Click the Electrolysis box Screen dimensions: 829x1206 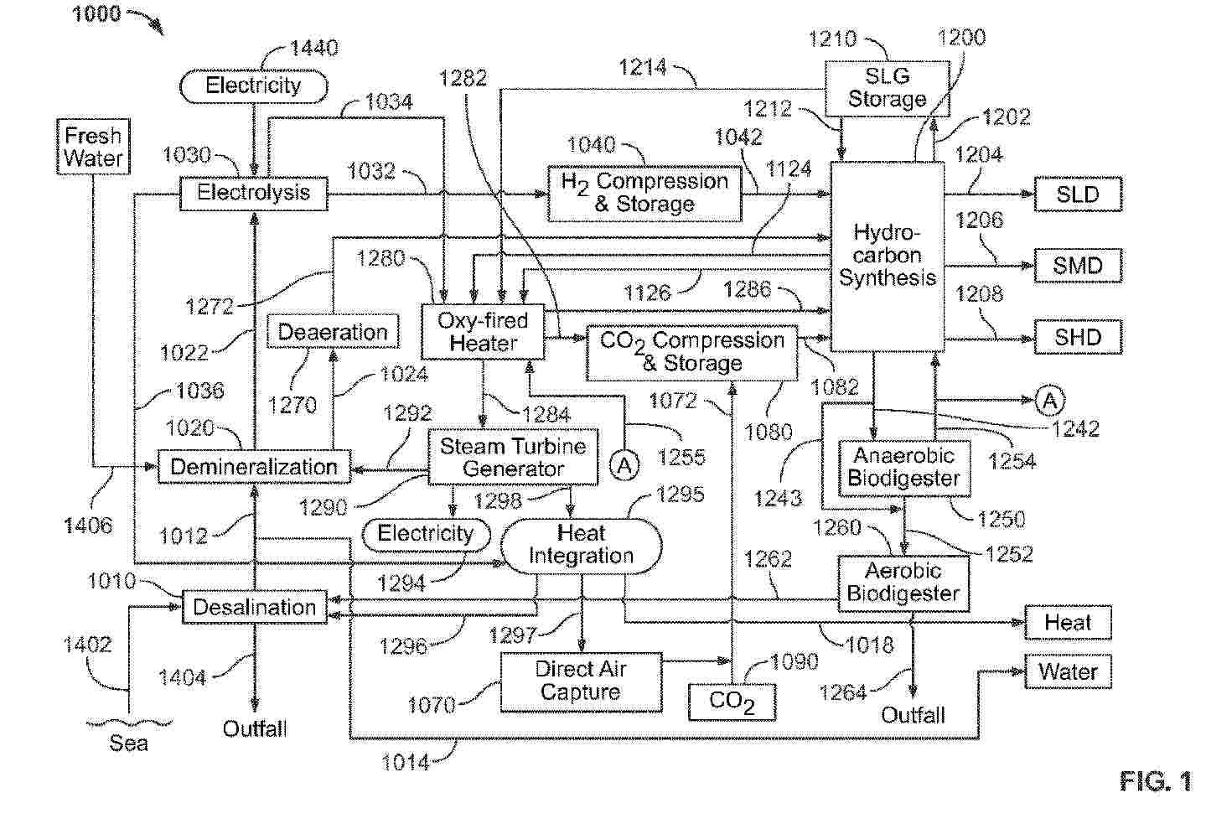[253, 193]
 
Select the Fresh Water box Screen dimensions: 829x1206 [93, 147]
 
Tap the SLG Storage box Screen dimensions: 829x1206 [887, 88]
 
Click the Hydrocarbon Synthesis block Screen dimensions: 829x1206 [887, 256]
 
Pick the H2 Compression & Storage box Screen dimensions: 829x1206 [644, 194]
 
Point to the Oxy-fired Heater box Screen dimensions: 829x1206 [483, 332]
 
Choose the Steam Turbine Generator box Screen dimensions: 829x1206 [513, 458]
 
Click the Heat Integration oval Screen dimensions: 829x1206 [581, 545]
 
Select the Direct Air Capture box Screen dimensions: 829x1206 [580, 681]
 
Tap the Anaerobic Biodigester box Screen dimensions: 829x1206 [903, 468]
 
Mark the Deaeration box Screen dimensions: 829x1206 [333, 332]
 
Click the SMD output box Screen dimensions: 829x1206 [1077, 266]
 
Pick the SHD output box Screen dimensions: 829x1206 [1077, 338]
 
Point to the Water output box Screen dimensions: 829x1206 [1068, 671]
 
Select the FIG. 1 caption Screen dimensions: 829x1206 [1155, 782]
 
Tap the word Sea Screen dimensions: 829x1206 [128, 743]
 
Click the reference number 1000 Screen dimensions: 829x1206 [96, 14]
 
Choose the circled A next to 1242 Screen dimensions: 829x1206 [1049, 401]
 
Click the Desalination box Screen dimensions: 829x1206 [254, 608]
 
